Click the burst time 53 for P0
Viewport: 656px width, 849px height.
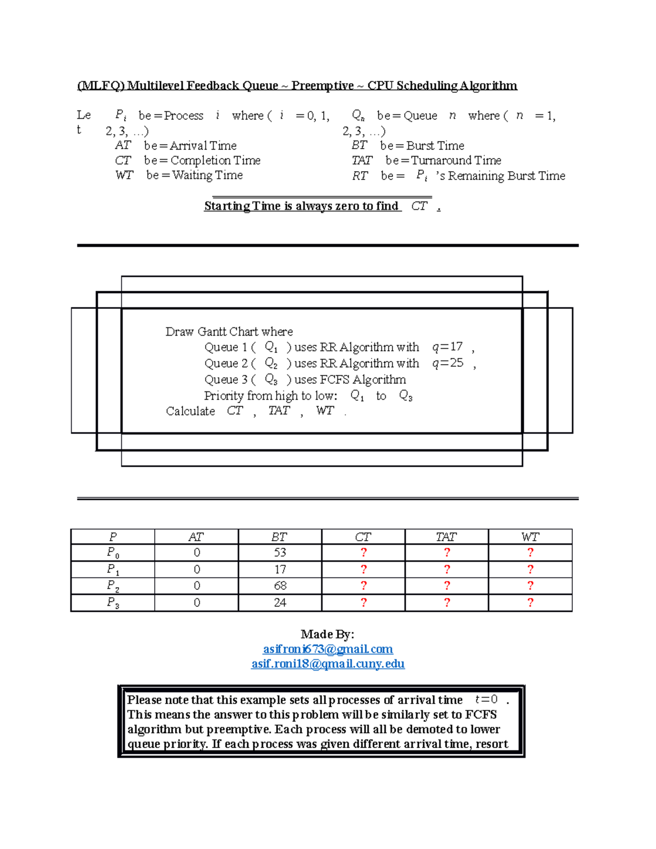[280, 553]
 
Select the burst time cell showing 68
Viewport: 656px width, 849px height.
[280, 586]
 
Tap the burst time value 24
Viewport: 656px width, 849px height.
[280, 602]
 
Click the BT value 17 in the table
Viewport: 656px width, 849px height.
[280, 570]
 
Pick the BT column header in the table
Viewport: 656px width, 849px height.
[279, 537]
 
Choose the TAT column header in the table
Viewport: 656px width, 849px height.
[446, 537]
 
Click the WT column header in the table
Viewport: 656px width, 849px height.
[530, 537]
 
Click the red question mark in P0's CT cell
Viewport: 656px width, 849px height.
[364, 553]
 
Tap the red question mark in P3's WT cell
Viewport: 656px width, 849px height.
[530, 602]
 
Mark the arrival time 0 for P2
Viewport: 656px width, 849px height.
[197, 586]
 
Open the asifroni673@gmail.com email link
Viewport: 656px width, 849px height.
[327, 649]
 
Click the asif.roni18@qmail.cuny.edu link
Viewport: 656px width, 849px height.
[327, 664]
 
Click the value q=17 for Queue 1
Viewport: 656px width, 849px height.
[447, 347]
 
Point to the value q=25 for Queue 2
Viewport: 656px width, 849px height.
[448, 363]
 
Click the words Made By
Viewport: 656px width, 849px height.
[327, 634]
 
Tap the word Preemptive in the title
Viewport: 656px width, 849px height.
[323, 86]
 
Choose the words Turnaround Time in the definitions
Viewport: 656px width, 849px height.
[456, 160]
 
